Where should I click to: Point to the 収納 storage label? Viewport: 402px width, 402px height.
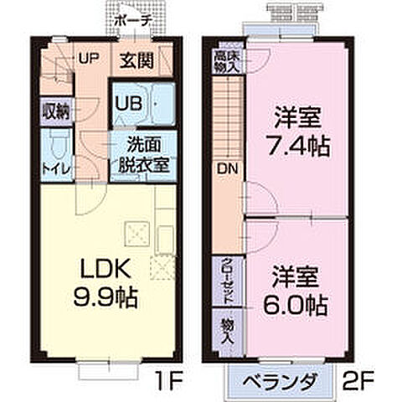point(55,111)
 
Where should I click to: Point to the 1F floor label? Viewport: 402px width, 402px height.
point(168,384)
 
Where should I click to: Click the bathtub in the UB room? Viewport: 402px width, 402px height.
point(159,105)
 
